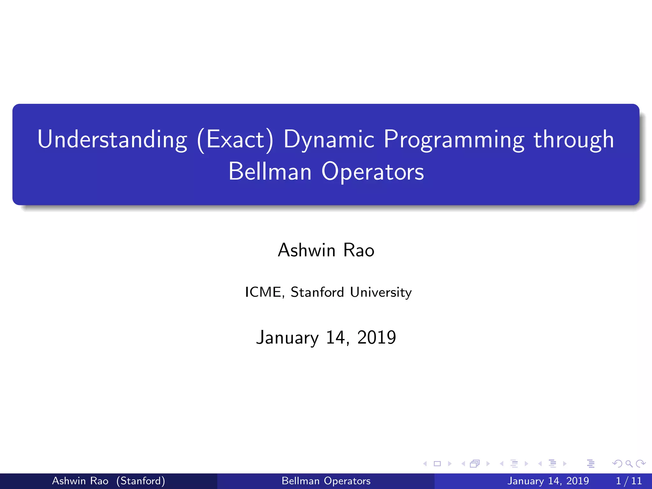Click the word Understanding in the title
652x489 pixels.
tap(112, 139)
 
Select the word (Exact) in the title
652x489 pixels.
tap(235, 139)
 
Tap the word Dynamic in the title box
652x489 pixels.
tap(329, 139)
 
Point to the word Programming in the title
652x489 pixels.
tap(454, 139)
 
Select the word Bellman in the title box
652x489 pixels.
tap(270, 172)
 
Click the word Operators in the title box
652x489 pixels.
tap(372, 172)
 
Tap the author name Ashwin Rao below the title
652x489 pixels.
tap(326, 250)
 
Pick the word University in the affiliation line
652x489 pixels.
tap(381, 292)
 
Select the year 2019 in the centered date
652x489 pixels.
tap(377, 337)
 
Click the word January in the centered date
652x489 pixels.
tap(287, 337)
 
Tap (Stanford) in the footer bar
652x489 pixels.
tap(140, 481)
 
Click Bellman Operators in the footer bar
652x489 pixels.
tap(326, 481)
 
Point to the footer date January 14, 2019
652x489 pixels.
tap(548, 481)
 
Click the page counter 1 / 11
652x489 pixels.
tap(629, 481)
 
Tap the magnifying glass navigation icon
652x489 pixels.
tap(629, 464)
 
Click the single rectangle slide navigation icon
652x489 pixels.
tap(437, 464)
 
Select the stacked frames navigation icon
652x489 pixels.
tap(475, 464)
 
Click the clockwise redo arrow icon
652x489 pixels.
tap(640, 464)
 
